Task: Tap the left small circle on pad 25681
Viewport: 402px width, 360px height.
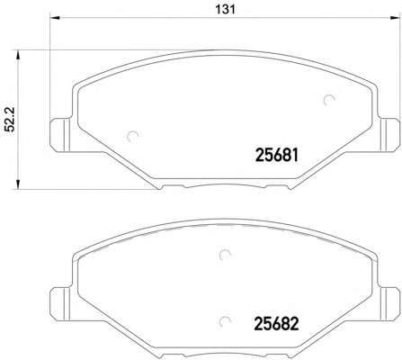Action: [x=134, y=138]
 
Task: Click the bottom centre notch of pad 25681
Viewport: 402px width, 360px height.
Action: [x=221, y=186]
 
